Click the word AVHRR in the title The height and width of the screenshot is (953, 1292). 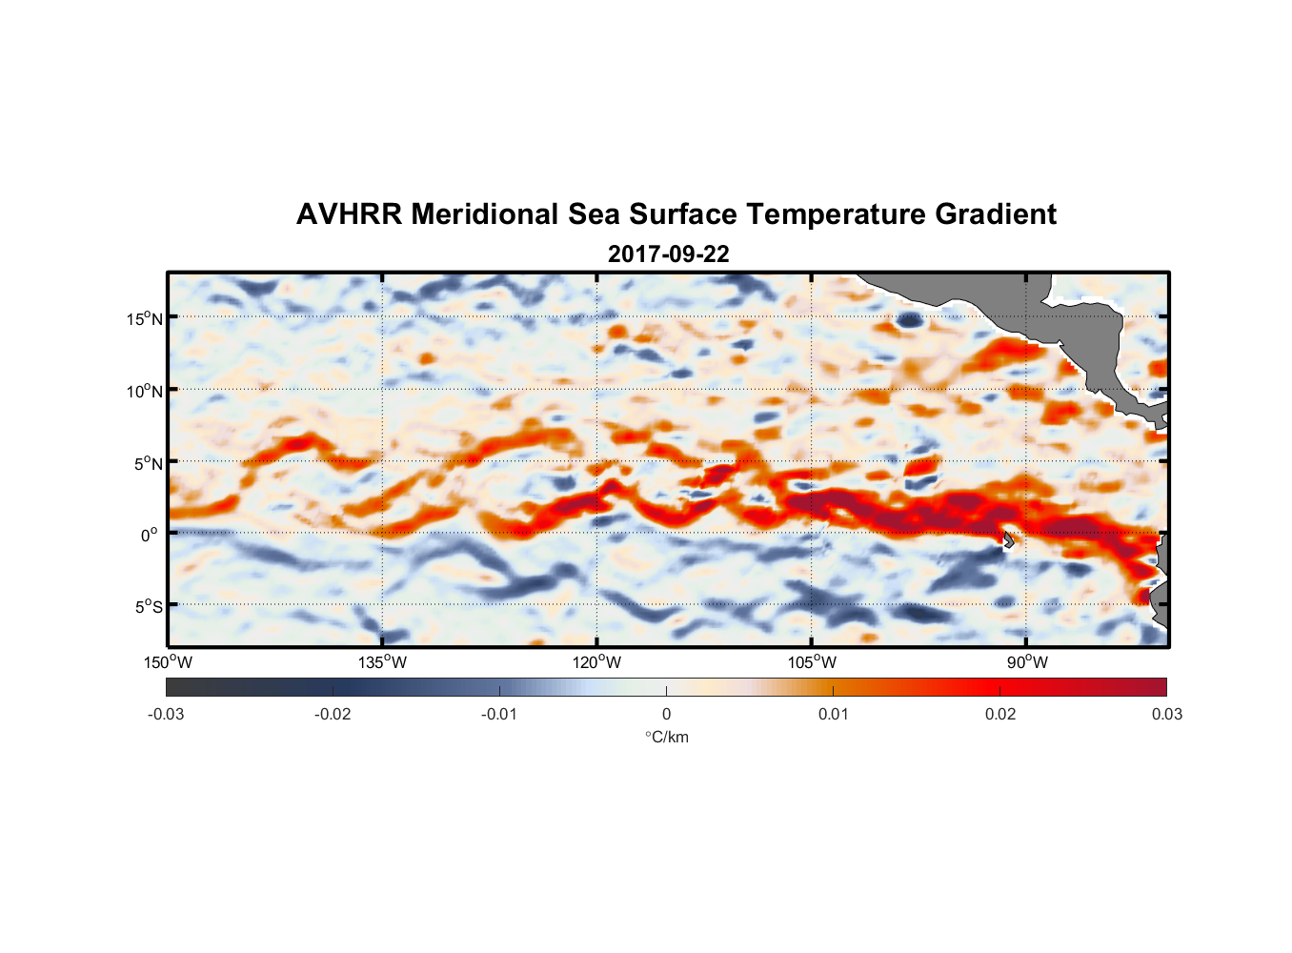tap(349, 214)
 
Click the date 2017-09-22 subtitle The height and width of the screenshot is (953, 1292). tap(668, 254)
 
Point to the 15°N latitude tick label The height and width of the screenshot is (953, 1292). tap(145, 318)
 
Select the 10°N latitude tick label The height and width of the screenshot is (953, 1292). tap(145, 391)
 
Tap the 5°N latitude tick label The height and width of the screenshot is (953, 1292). tap(149, 463)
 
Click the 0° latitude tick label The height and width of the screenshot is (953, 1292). tap(151, 535)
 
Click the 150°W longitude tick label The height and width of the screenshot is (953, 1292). tap(168, 662)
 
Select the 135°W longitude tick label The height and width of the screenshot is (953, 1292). tap(382, 662)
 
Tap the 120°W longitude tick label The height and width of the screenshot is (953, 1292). tap(597, 662)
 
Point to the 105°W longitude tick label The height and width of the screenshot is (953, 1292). tap(812, 662)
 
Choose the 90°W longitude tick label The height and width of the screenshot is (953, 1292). tap(1027, 662)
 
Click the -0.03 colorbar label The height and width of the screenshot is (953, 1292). tap(166, 714)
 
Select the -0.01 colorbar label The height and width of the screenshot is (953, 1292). tap(499, 714)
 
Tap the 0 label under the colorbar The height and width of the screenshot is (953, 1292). tap(666, 714)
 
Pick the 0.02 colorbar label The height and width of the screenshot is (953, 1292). tap(1000, 714)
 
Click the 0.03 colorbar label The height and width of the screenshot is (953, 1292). tap(1166, 714)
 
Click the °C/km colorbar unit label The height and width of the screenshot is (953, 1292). tap(667, 737)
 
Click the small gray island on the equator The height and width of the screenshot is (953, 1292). tap(1008, 540)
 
